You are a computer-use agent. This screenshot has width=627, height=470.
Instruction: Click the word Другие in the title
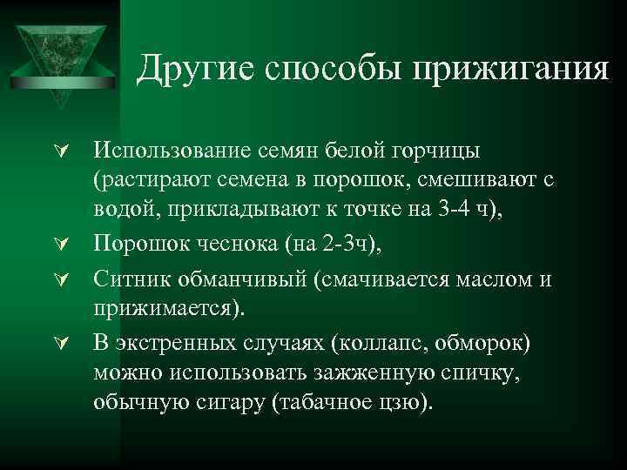click(189, 66)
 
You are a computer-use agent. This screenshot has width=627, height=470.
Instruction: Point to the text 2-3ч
click(343, 247)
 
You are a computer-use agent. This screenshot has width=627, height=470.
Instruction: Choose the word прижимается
click(166, 309)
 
